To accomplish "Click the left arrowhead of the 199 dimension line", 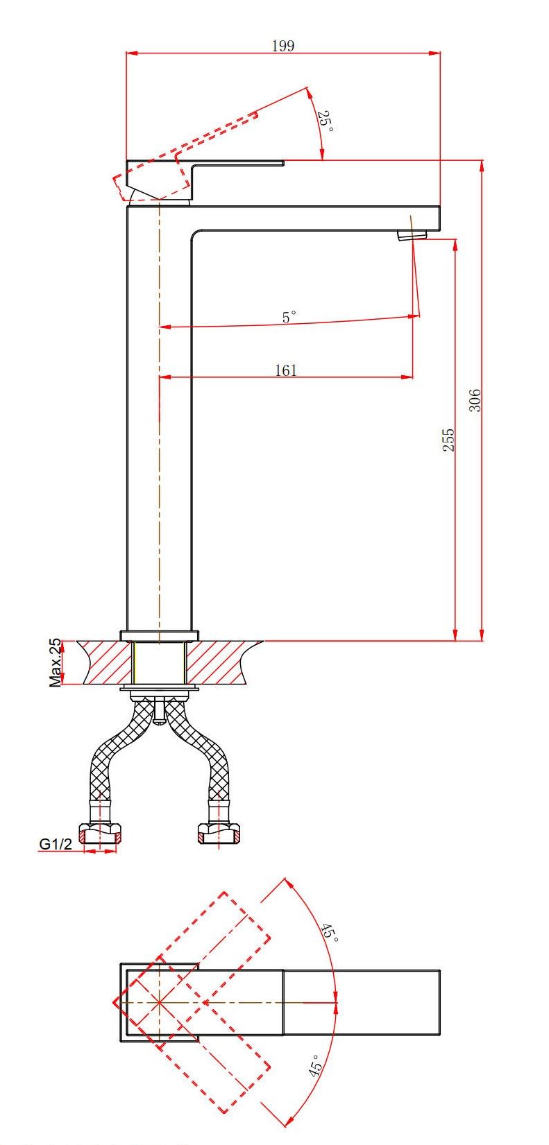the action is (132, 52).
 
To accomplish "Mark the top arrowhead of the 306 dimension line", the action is (482, 166).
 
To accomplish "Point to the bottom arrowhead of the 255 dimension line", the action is (455, 635).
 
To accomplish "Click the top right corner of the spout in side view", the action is (440, 206).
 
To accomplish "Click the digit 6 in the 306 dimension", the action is (475, 393).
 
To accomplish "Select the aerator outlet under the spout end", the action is (412, 235).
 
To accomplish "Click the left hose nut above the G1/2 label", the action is (100, 833).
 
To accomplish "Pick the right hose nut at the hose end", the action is (219, 833).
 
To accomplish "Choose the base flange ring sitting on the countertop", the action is (159, 636).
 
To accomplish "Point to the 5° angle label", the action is (289, 317).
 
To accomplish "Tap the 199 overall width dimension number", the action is (283, 46).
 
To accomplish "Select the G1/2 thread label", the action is (56, 843).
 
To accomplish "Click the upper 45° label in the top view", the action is (330, 932).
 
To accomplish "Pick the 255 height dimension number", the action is (448, 440).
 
